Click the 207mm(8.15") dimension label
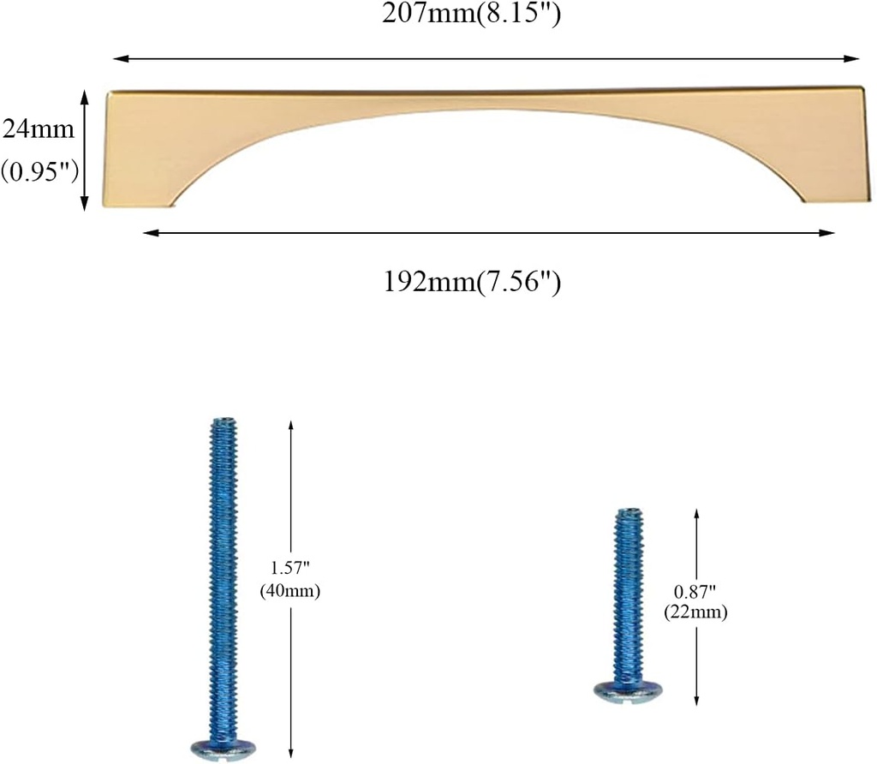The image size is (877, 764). (x=471, y=14)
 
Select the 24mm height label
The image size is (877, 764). (x=38, y=129)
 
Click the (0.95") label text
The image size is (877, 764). (x=39, y=171)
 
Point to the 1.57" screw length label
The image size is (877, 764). (x=289, y=568)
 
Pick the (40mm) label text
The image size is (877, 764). (x=289, y=591)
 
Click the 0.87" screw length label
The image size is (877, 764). (x=695, y=591)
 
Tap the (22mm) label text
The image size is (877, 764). (x=695, y=612)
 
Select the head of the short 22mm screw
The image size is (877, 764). (x=628, y=690)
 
